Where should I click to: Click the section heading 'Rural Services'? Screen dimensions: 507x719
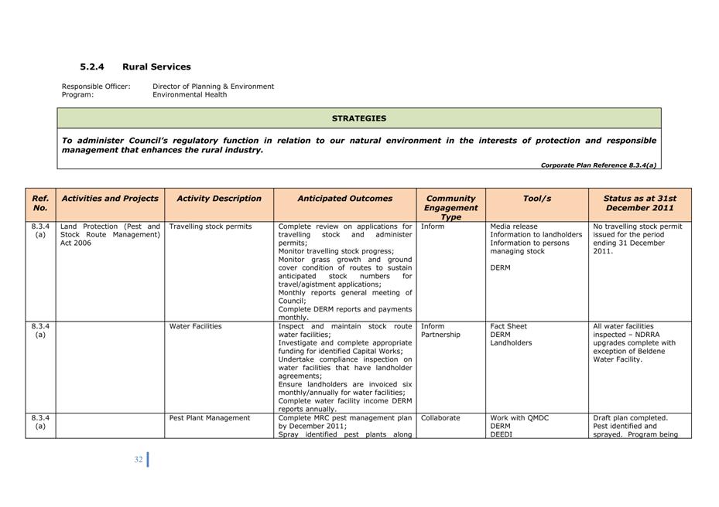point(156,67)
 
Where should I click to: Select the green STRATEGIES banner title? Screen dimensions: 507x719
point(359,118)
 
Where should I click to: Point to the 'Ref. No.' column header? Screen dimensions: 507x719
point(40,203)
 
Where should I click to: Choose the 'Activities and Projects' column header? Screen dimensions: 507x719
point(110,199)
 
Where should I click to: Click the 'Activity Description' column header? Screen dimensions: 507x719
point(219,199)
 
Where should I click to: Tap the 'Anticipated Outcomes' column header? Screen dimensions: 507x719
point(345,199)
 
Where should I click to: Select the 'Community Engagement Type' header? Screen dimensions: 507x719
point(451,207)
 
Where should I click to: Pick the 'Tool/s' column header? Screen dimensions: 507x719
point(537,199)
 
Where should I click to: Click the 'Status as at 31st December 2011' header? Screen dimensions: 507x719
point(639,203)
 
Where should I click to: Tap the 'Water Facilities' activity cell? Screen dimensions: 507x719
point(196,326)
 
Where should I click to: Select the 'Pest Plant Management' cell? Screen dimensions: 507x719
point(210,418)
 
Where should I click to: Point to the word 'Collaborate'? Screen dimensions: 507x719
point(440,418)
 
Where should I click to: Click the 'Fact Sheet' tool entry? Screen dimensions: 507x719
point(508,326)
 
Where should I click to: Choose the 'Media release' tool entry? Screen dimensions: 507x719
point(514,227)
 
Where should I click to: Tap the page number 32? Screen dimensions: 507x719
point(139,459)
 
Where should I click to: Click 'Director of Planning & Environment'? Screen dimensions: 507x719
point(213,87)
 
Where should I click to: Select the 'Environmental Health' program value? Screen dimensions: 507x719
point(190,95)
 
